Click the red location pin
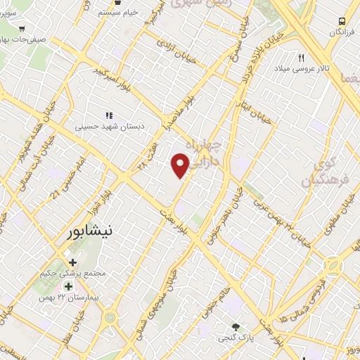(x=181, y=165)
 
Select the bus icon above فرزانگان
(x=342, y=21)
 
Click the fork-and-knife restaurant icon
(x=302, y=58)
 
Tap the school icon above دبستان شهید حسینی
(x=108, y=115)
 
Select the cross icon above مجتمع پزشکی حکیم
(x=72, y=262)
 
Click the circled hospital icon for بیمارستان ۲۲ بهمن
(x=68, y=286)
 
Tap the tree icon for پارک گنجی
(x=236, y=326)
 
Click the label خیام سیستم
(x=118, y=13)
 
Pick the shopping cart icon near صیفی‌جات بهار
(x=22, y=28)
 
